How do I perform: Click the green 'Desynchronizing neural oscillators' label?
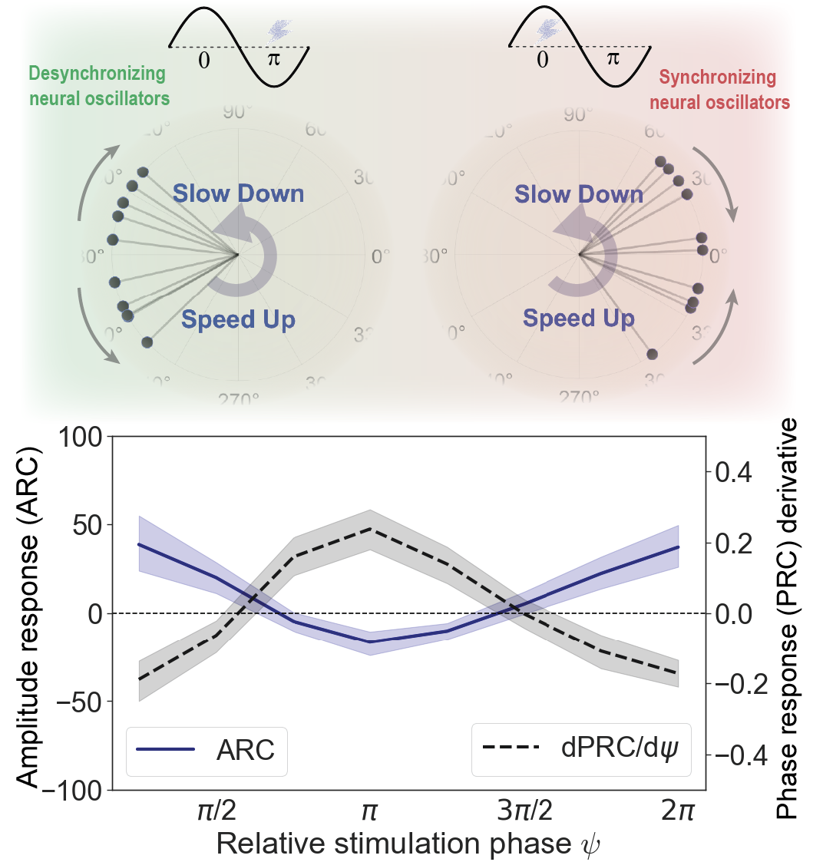(x=98, y=86)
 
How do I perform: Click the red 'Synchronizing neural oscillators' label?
(x=719, y=90)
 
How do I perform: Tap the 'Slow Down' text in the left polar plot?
(x=238, y=193)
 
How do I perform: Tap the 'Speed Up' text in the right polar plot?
(x=578, y=318)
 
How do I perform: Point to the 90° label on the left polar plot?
(x=237, y=113)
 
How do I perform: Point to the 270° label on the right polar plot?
(x=579, y=398)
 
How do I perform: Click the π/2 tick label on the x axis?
(x=216, y=811)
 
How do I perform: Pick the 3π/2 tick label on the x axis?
(x=524, y=811)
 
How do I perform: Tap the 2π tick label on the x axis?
(x=678, y=811)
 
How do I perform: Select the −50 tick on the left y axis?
(x=74, y=702)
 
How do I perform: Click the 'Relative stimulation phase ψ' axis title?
(x=408, y=844)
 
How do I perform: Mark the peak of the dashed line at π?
(x=371, y=528)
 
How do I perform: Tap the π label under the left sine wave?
(x=274, y=59)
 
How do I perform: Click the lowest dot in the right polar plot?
(x=652, y=354)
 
